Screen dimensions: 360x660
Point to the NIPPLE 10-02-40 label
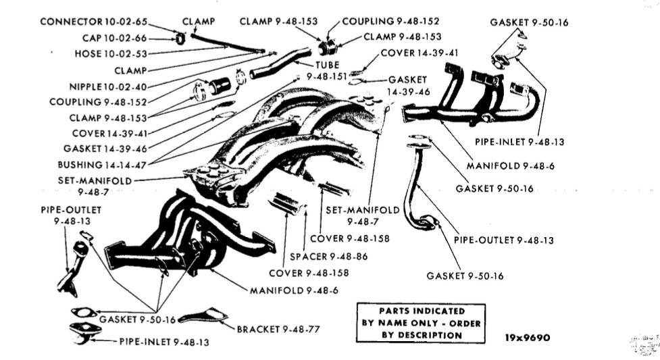pos(107,86)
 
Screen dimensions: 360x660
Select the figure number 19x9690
pos(528,337)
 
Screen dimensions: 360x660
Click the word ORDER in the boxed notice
pos(464,324)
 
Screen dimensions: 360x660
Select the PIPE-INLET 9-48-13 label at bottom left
pos(164,342)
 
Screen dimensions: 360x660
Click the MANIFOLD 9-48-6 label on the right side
pos(511,165)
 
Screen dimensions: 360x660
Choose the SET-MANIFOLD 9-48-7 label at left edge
pos(95,185)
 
